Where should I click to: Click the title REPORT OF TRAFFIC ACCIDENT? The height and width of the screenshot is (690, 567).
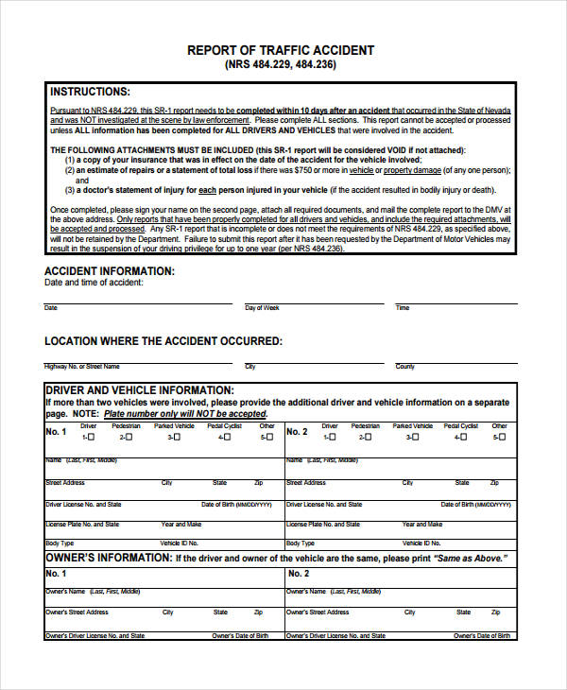point(281,50)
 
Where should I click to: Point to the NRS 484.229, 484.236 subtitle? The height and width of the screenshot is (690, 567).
point(281,65)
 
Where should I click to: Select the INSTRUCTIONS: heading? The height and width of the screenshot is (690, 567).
point(90,92)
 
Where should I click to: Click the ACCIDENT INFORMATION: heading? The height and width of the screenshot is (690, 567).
point(110,271)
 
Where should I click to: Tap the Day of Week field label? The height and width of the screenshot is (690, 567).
point(262,308)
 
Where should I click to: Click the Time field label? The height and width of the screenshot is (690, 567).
point(403,308)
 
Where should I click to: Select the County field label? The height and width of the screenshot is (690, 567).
point(404,366)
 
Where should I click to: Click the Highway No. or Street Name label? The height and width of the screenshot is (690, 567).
point(82,366)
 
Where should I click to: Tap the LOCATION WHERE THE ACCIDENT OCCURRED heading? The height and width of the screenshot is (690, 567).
point(163,340)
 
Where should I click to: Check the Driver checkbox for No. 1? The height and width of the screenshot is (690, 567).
point(93,438)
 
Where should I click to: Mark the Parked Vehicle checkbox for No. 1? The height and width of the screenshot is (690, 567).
point(179,438)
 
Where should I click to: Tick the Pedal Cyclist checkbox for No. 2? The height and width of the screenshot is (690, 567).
point(467,438)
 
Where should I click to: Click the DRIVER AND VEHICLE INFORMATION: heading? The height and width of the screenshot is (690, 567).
point(139,389)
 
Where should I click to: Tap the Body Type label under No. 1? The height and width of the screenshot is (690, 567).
point(60,543)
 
